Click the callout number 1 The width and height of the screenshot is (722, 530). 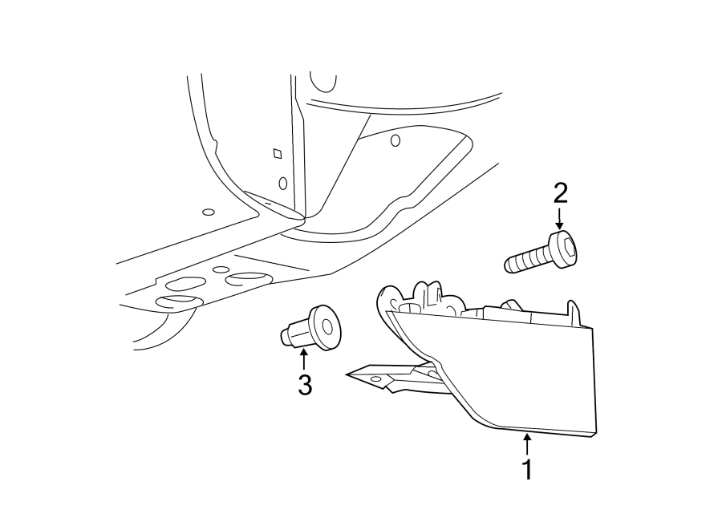pos(527,470)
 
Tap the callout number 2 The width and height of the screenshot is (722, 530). pos(560,193)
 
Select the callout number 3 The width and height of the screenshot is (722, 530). pos(304,385)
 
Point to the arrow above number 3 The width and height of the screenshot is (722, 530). pos(304,358)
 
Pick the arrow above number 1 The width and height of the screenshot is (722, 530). pos(527,443)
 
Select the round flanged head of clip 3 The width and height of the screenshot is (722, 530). pos(326,327)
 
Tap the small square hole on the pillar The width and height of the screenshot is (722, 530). pos(278,153)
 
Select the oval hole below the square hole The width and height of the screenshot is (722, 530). pos(282,183)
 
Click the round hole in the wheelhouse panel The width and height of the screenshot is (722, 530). pos(395,140)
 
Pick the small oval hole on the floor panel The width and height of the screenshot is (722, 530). pos(208,212)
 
